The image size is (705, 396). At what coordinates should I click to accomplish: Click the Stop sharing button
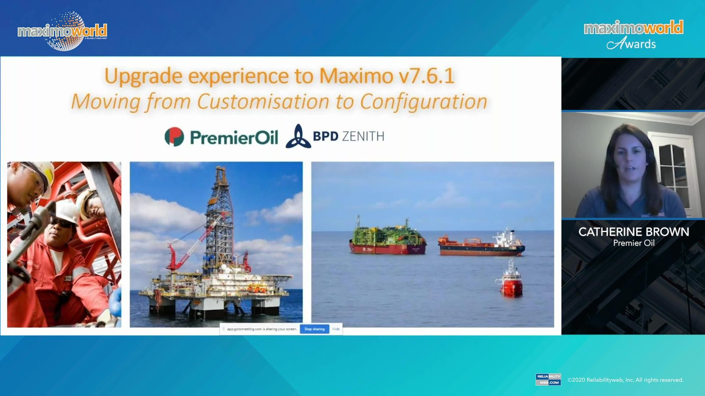click(x=314, y=329)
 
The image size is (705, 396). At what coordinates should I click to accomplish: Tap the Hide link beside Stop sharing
click(x=336, y=329)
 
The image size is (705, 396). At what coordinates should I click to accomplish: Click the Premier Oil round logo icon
click(x=174, y=137)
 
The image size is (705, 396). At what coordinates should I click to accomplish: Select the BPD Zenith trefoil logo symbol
click(x=298, y=136)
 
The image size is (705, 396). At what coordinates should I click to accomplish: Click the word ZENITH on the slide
click(x=363, y=136)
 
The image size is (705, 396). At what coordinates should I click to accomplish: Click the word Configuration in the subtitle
click(x=423, y=102)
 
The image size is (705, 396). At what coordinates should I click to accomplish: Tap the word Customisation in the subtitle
click(x=263, y=102)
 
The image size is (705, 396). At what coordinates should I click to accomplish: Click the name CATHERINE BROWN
click(x=633, y=232)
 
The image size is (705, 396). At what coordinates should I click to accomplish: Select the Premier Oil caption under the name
click(x=633, y=243)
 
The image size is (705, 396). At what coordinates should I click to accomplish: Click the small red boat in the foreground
click(x=511, y=280)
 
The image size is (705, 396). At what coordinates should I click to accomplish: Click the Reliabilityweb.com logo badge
click(x=548, y=379)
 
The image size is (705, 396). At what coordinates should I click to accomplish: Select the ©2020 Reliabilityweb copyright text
click(x=625, y=380)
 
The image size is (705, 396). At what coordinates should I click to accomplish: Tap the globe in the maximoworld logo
click(x=66, y=31)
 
